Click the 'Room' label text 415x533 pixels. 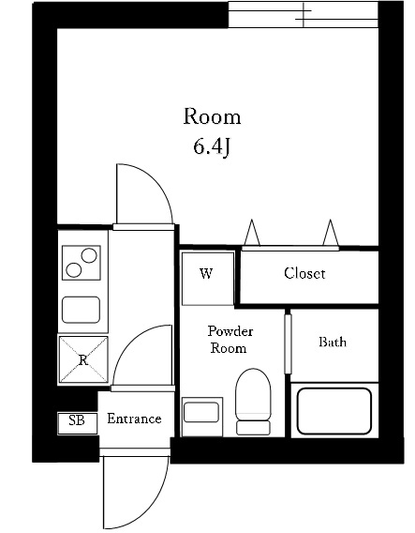coord(211,117)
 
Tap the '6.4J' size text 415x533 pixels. coord(212,147)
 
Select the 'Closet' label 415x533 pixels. coord(304,274)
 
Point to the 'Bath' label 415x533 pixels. coord(333,342)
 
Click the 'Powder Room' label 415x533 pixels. coord(230,340)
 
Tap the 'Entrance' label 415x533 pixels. coord(134,419)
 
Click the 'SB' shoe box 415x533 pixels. coord(77,421)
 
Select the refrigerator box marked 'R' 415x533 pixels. coord(83,360)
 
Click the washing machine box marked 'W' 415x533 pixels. coord(206,276)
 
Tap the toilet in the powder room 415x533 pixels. coord(252,401)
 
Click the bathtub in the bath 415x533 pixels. coord(334,410)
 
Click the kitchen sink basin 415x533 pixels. coord(82,309)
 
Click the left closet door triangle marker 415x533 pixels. coord(252,232)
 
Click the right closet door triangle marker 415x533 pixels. coord(330,232)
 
